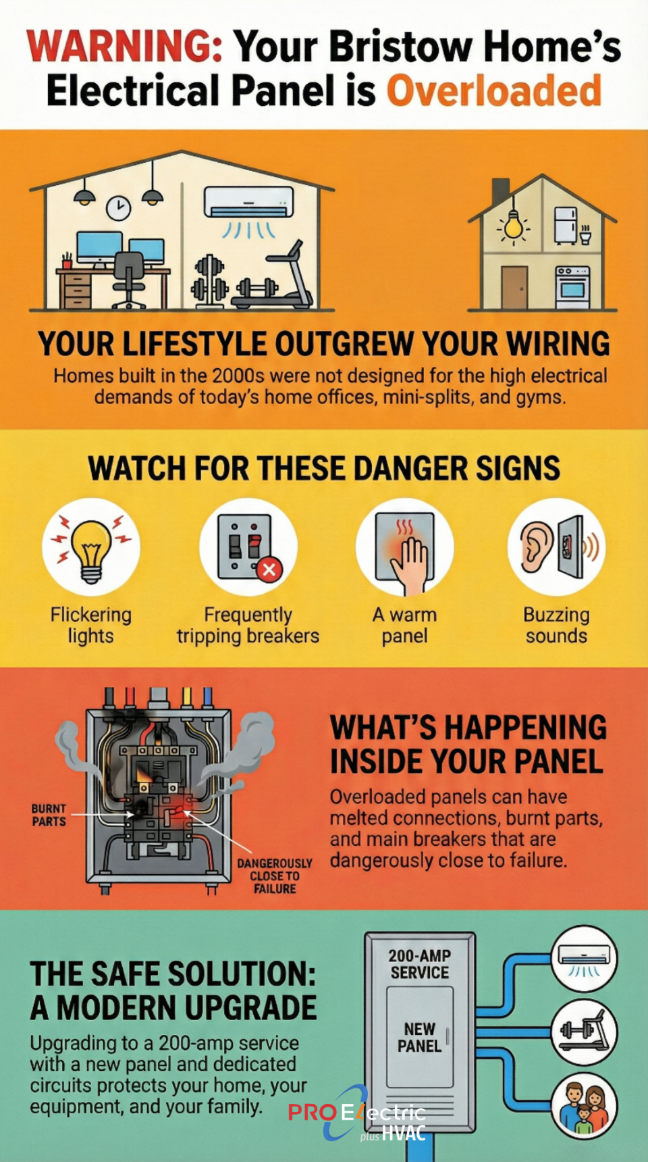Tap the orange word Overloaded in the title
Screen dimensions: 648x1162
[x=493, y=91]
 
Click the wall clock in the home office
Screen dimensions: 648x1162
[x=118, y=208]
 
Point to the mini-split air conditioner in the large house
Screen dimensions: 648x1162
[x=249, y=202]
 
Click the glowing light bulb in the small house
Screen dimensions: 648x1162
[x=514, y=226]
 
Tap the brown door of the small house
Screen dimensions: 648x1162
[x=514, y=288]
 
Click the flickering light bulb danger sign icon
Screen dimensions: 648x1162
[x=91, y=548]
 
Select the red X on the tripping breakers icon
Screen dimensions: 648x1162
[x=269, y=570]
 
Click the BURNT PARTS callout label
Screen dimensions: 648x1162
[x=49, y=815]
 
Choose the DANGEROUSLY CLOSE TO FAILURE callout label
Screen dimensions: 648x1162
[x=275, y=876]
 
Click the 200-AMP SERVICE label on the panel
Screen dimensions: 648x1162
[x=419, y=964]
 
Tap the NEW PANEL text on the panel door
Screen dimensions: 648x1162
[x=419, y=1037]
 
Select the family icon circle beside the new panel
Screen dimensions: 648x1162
[x=584, y=1106]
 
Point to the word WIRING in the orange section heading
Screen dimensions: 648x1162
[x=558, y=344]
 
